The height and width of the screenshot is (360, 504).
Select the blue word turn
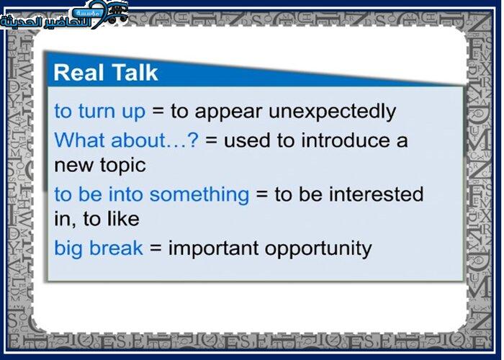(x=96, y=112)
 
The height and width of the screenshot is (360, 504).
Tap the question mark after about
(x=192, y=140)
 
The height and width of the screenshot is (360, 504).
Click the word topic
(x=123, y=166)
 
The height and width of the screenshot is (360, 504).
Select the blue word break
(x=116, y=248)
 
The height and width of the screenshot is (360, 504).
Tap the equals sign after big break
(x=156, y=248)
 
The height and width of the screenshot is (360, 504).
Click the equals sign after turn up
(x=158, y=112)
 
